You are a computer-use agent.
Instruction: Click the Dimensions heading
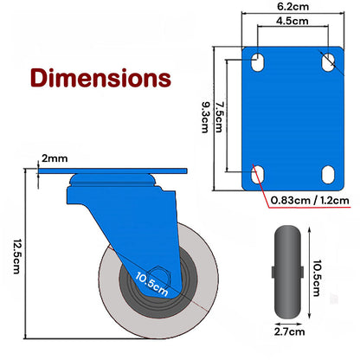(99, 78)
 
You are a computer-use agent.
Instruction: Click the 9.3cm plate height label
(204, 112)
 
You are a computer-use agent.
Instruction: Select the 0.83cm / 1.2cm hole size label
(309, 201)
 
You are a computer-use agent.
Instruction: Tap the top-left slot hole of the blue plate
(257, 61)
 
